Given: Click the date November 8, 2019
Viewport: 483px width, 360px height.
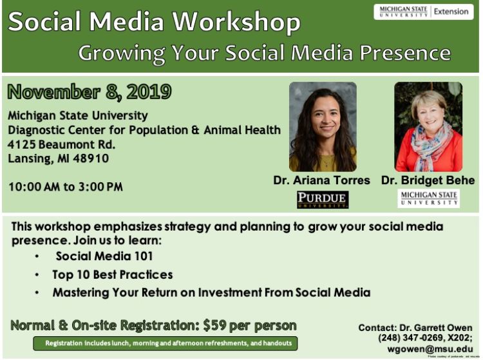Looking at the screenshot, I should click(90, 92).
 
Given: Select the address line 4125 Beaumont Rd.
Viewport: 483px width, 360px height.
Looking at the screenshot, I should click(62, 144).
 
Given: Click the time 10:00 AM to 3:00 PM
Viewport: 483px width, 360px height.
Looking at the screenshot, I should click(65, 187).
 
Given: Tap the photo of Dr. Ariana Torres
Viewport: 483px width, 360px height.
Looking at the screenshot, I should click(323, 126).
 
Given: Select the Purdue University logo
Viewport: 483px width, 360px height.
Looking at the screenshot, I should click(323, 200).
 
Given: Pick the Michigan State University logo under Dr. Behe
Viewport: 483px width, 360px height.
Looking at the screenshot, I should click(428, 198).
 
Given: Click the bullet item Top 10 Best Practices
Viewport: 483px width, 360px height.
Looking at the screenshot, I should click(113, 274).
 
